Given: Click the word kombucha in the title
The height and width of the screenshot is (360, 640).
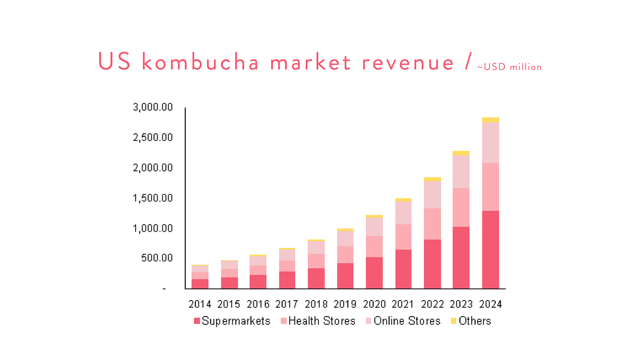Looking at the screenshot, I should pyautogui.click(x=200, y=62).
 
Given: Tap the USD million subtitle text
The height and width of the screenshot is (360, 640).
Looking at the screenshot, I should pyautogui.click(x=509, y=67).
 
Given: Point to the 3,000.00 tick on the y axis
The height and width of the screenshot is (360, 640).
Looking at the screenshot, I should pyautogui.click(x=153, y=107).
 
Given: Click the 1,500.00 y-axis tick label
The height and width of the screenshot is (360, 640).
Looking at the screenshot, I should pyautogui.click(x=153, y=198).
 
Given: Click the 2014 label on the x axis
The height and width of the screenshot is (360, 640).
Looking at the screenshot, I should pyautogui.click(x=200, y=304).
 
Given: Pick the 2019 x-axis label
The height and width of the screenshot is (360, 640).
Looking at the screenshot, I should pyautogui.click(x=345, y=304).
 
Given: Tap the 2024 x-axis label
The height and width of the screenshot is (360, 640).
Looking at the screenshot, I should pyautogui.click(x=491, y=304).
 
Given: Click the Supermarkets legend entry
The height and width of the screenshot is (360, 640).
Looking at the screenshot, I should pyautogui.click(x=232, y=321).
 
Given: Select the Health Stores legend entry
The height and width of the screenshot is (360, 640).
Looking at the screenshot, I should pyautogui.click(x=318, y=321).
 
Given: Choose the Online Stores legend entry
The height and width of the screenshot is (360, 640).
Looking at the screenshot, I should pyautogui.click(x=402, y=321).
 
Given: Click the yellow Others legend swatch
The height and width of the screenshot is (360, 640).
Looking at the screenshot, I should pyautogui.click(x=453, y=321).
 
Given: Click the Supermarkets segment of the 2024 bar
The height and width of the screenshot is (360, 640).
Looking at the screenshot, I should pyautogui.click(x=491, y=249).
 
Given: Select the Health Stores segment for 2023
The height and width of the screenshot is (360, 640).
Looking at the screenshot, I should pyautogui.click(x=461, y=207).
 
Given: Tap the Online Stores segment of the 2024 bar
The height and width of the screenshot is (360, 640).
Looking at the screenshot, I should pyautogui.click(x=491, y=143).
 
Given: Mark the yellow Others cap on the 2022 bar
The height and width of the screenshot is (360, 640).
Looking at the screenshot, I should pyautogui.click(x=432, y=180).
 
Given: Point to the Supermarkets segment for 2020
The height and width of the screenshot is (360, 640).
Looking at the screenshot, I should pyautogui.click(x=374, y=273).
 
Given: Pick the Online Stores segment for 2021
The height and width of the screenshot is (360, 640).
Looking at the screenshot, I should pyautogui.click(x=403, y=213).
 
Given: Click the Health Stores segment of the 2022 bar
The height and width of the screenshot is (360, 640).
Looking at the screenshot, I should pyautogui.click(x=432, y=224).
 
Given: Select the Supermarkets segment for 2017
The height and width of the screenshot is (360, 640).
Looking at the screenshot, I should pyautogui.click(x=287, y=280).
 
